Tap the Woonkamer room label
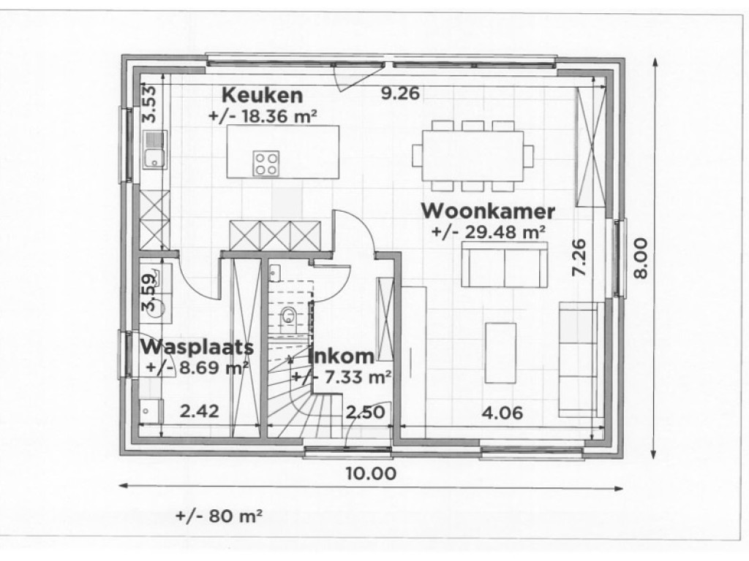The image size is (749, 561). tap(489, 211)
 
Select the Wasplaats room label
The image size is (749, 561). tap(197, 346)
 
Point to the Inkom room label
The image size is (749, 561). tap(341, 356)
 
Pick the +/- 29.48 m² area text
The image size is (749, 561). tap(489, 232)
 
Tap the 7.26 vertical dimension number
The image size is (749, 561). tap(579, 257)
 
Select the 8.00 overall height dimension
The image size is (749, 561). tap(641, 257)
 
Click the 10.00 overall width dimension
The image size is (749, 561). tap(373, 473)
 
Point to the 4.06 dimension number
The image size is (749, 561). tap(501, 412)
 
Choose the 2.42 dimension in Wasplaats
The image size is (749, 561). tap(199, 412)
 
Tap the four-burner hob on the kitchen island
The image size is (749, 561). tap(266, 163)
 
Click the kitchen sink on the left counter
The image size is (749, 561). tap(154, 155)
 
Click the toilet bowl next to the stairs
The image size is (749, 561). tap(289, 315)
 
